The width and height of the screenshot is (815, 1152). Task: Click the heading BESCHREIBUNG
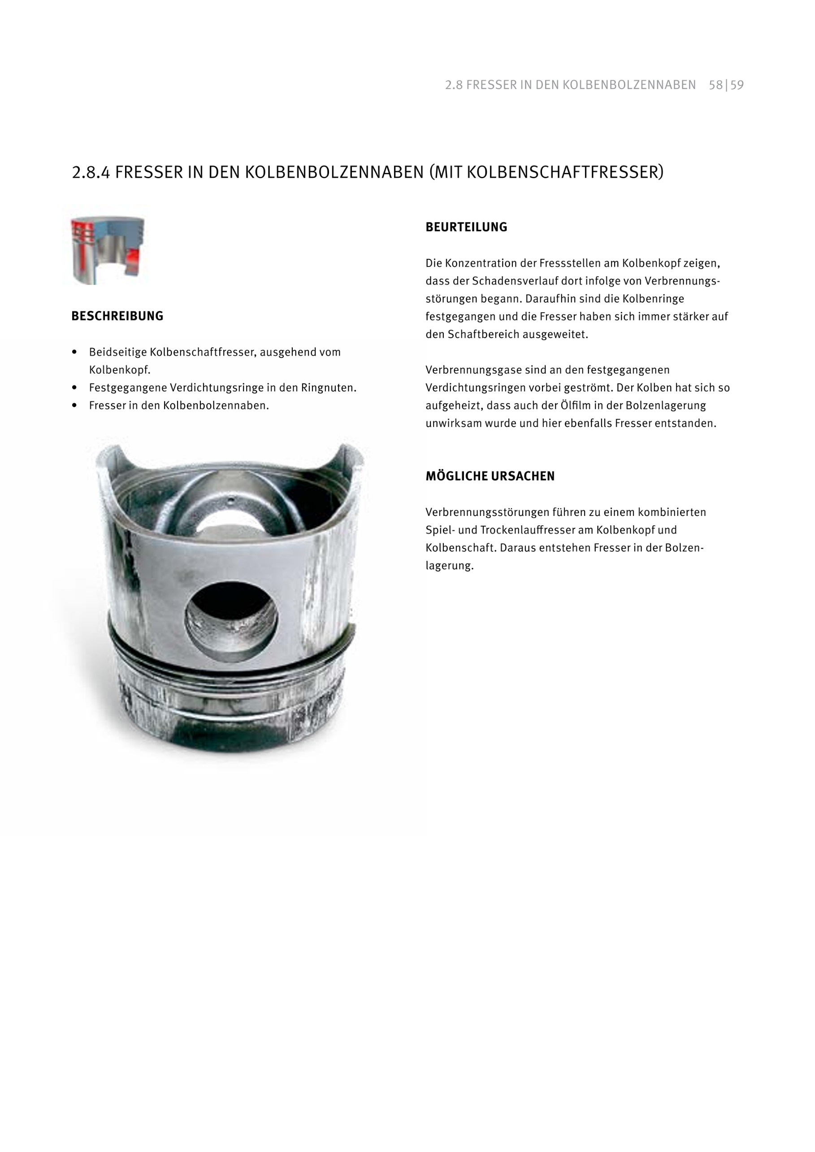(117, 316)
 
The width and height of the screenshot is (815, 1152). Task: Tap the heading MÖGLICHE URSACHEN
(490, 476)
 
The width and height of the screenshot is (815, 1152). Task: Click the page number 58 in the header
(715, 85)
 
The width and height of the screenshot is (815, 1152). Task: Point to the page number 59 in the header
(737, 85)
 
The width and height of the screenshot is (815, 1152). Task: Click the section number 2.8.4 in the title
(91, 172)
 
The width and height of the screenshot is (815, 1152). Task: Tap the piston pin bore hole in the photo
(231, 621)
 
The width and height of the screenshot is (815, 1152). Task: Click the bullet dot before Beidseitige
(75, 352)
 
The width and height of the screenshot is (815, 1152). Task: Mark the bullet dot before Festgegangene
(75, 388)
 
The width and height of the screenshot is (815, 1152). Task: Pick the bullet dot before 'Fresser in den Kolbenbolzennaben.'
(75, 405)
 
